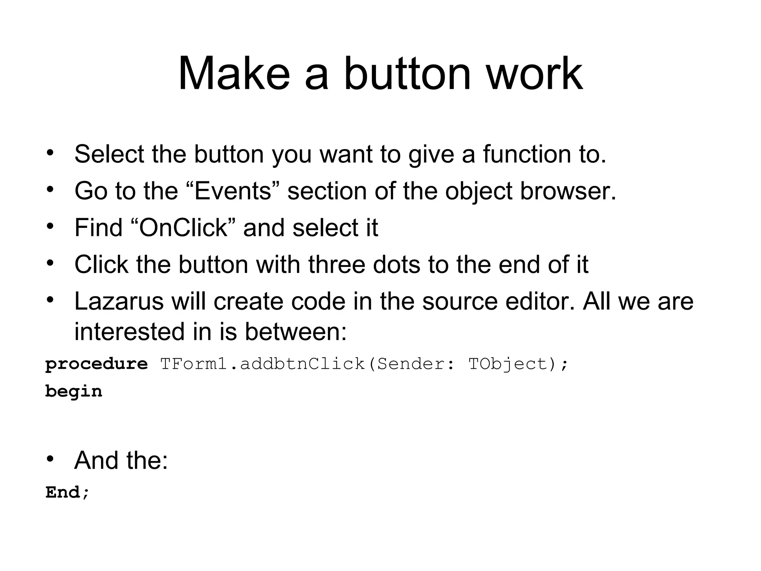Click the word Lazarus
[119, 301]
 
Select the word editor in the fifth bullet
[539, 301]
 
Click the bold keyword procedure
[96, 364]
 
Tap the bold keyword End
[63, 493]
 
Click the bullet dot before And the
[50, 459]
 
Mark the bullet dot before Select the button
[50, 152]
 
